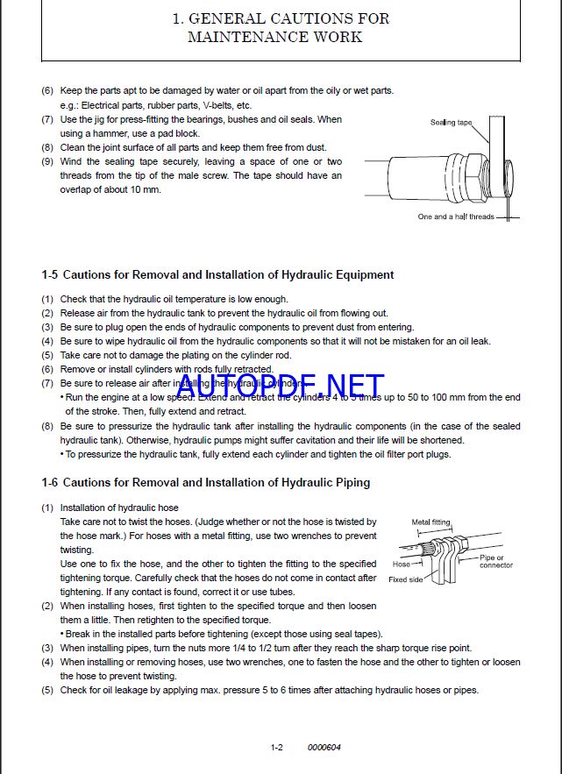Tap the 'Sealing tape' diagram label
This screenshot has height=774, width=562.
pyautogui.click(x=451, y=122)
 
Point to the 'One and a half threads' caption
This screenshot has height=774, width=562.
pyautogui.click(x=456, y=217)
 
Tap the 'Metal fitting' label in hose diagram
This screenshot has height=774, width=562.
pyautogui.click(x=430, y=522)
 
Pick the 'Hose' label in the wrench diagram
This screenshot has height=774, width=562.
pyautogui.click(x=402, y=565)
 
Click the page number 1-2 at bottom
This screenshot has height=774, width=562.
pyautogui.click(x=276, y=747)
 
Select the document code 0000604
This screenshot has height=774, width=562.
pyautogui.click(x=324, y=747)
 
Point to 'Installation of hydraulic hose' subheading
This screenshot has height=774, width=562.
pyautogui.click(x=119, y=508)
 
